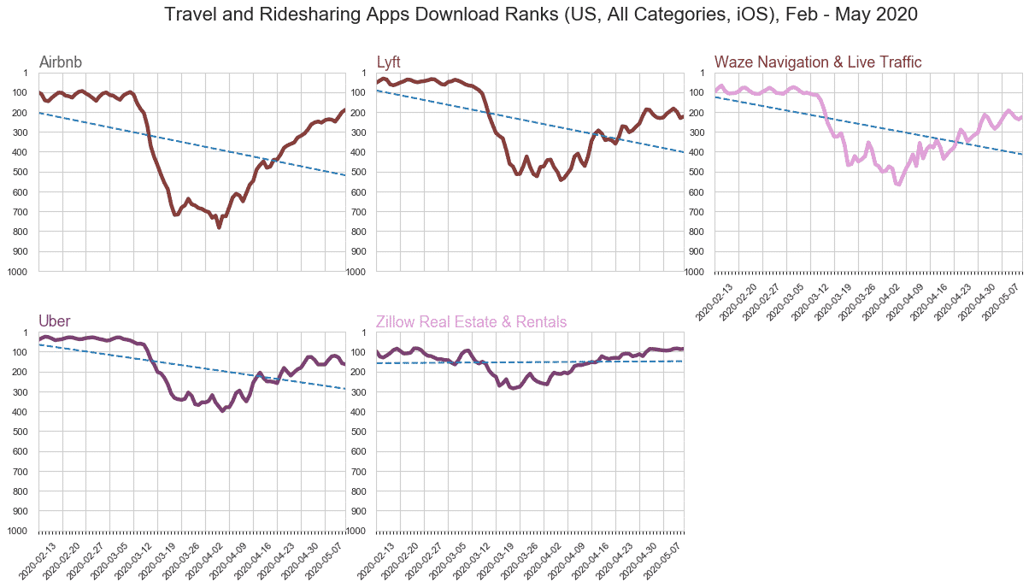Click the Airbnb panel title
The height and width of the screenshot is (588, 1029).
click(61, 62)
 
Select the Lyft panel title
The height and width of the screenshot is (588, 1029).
click(388, 62)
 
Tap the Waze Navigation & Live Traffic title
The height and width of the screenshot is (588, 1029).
click(818, 62)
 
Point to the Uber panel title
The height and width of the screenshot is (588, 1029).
click(55, 321)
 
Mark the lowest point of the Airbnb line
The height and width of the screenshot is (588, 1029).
click(220, 227)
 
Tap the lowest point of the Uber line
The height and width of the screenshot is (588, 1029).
click(223, 410)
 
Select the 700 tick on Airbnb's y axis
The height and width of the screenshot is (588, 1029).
click(23, 212)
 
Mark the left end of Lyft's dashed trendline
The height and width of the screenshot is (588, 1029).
click(377, 90)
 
